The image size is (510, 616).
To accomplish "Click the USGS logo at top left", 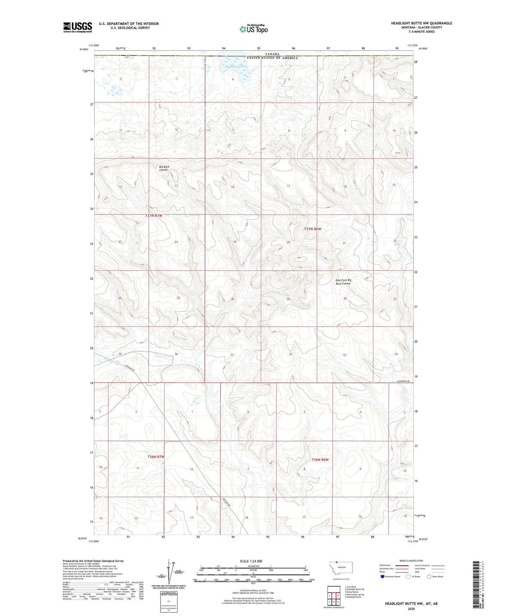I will coord(77,27).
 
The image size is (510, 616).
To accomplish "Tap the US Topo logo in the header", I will coord(253,29).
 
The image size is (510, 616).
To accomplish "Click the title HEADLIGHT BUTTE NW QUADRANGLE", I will coord(421,23).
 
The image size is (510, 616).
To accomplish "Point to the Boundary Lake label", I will coord(235,66).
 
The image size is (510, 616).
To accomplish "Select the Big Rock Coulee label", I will coord(164,168).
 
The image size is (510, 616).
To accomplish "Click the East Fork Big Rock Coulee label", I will coord(343,282).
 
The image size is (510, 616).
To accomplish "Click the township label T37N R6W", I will coord(313,229).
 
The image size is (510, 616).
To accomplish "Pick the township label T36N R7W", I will coord(156,457).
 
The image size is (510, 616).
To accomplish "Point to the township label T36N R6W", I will coord(320,460).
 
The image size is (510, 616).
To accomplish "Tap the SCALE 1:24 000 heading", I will coord(251,561).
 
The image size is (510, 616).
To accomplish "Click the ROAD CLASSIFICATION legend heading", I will coord(411,561).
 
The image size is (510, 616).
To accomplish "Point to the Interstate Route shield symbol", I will coord(383,576).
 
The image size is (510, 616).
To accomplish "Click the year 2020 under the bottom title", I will coord(411,609).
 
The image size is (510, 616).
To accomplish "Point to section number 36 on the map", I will coord(176,354).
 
